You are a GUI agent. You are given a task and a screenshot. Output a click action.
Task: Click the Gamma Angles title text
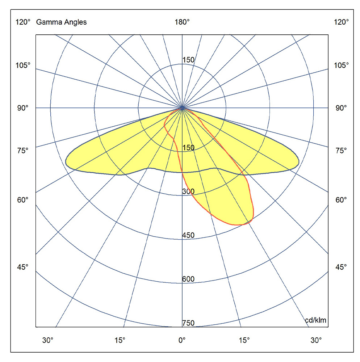point(61,22)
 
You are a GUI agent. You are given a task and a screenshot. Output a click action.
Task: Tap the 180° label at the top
point(182,22)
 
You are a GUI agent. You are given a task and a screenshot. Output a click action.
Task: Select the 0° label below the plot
point(182,340)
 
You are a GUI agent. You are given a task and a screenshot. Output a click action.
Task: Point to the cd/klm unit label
point(315,320)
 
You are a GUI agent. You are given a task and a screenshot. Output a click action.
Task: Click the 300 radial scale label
point(188,191)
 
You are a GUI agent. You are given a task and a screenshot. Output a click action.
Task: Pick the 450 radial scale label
point(188,235)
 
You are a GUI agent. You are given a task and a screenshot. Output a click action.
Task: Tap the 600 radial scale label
point(188,279)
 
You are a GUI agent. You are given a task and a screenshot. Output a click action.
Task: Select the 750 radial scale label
point(188,323)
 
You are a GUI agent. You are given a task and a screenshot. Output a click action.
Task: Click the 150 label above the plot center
point(188,60)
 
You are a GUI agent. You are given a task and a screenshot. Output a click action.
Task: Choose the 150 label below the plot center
point(188,148)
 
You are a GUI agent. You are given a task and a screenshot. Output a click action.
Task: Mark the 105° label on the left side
point(23,65)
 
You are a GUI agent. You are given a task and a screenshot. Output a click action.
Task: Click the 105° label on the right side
point(342,65)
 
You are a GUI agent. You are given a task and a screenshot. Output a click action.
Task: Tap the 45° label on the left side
point(22,267)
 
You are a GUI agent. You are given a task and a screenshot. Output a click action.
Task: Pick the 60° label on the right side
point(340,200)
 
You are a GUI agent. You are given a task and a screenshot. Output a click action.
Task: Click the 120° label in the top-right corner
point(342,22)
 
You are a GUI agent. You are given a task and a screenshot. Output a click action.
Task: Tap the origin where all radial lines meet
point(182,108)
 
